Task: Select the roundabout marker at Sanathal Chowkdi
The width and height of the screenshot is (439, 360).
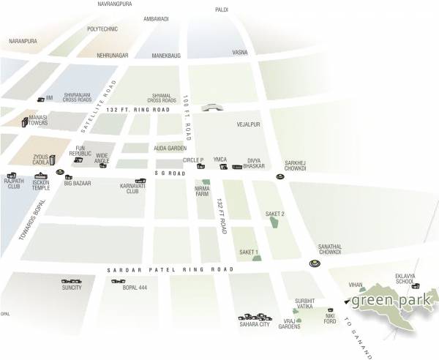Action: tap(314, 263)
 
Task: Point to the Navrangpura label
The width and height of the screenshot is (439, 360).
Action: tap(115, 4)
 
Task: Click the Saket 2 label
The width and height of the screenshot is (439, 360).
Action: tap(275, 213)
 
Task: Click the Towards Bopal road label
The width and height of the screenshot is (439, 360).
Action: tap(23, 219)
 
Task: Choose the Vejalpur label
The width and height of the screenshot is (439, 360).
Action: tap(249, 124)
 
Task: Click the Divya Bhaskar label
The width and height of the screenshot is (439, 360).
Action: tap(254, 162)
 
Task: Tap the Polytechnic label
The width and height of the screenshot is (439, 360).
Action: tap(102, 29)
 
